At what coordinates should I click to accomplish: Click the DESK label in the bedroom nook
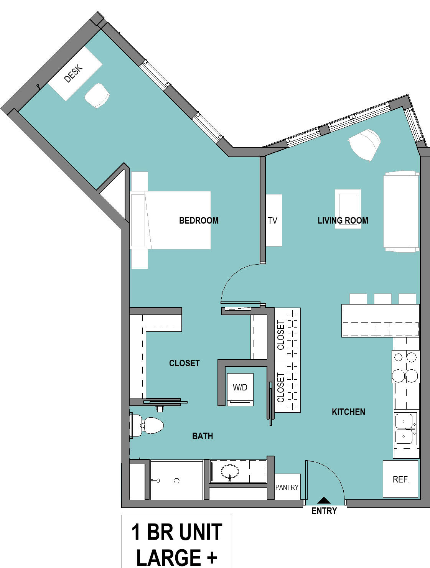pyautogui.click(x=73, y=74)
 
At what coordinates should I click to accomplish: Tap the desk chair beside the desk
pyautogui.click(x=97, y=95)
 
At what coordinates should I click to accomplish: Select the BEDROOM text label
pyautogui.click(x=199, y=221)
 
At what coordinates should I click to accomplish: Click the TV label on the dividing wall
pyautogui.click(x=272, y=221)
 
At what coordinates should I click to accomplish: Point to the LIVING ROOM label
pyautogui.click(x=343, y=221)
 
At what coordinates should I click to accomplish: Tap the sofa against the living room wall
pyautogui.click(x=401, y=211)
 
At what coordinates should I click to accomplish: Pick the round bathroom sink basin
pyautogui.click(x=230, y=471)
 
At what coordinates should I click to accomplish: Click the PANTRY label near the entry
pyautogui.click(x=287, y=487)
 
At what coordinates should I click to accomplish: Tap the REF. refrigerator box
pyautogui.click(x=400, y=479)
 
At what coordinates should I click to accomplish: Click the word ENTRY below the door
pyautogui.click(x=324, y=511)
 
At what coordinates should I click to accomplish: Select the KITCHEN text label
pyautogui.click(x=349, y=412)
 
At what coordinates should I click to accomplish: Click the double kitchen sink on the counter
pyautogui.click(x=405, y=429)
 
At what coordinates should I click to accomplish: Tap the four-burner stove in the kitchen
pyautogui.click(x=405, y=367)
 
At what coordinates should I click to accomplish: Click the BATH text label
pyautogui.click(x=203, y=436)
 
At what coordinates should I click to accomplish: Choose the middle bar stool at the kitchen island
pyautogui.click(x=382, y=299)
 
